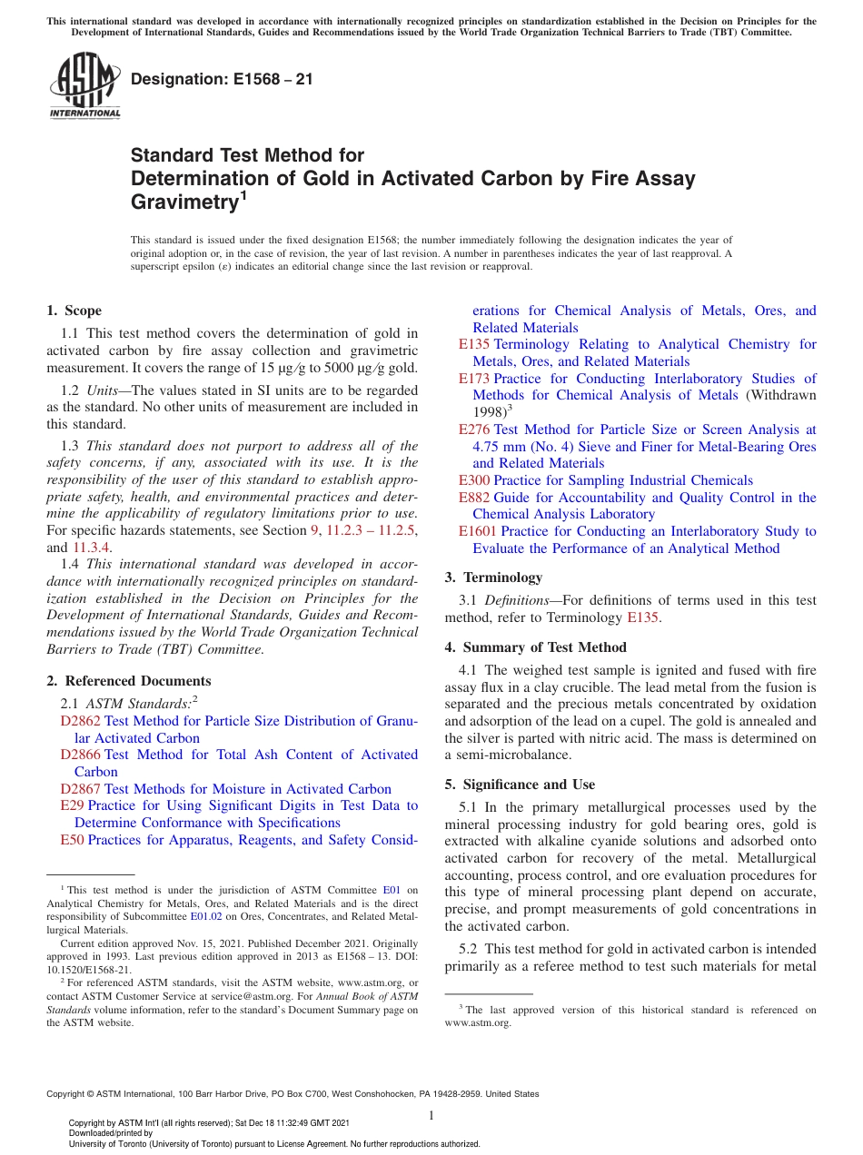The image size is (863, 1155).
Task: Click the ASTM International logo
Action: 84,87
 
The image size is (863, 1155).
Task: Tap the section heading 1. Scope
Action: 74,311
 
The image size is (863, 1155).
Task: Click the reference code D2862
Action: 80,721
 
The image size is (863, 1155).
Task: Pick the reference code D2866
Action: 80,755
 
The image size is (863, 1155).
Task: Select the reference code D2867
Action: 80,789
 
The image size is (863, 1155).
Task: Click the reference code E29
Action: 72,805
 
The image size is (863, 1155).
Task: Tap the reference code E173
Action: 474,379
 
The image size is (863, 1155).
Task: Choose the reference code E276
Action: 474,429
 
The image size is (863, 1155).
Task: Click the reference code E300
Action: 474,480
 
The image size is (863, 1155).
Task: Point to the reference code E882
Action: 474,498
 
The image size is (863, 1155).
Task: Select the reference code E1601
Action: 478,531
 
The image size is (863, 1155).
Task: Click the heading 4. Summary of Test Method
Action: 535,647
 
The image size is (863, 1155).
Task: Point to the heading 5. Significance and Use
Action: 520,785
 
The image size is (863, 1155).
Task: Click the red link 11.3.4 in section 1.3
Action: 92,548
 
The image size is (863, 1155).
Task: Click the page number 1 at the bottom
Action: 431,1115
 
